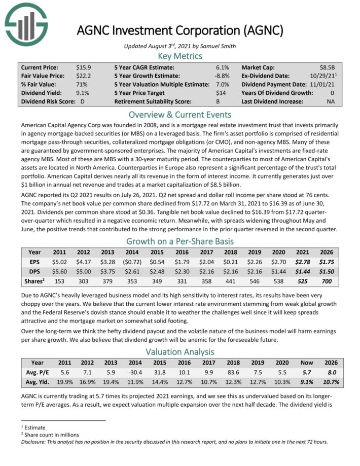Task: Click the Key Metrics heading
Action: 180,56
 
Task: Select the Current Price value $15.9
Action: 84,67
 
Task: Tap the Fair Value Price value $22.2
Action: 84,76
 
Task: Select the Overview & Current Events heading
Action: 180,114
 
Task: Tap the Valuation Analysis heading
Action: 180,351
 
